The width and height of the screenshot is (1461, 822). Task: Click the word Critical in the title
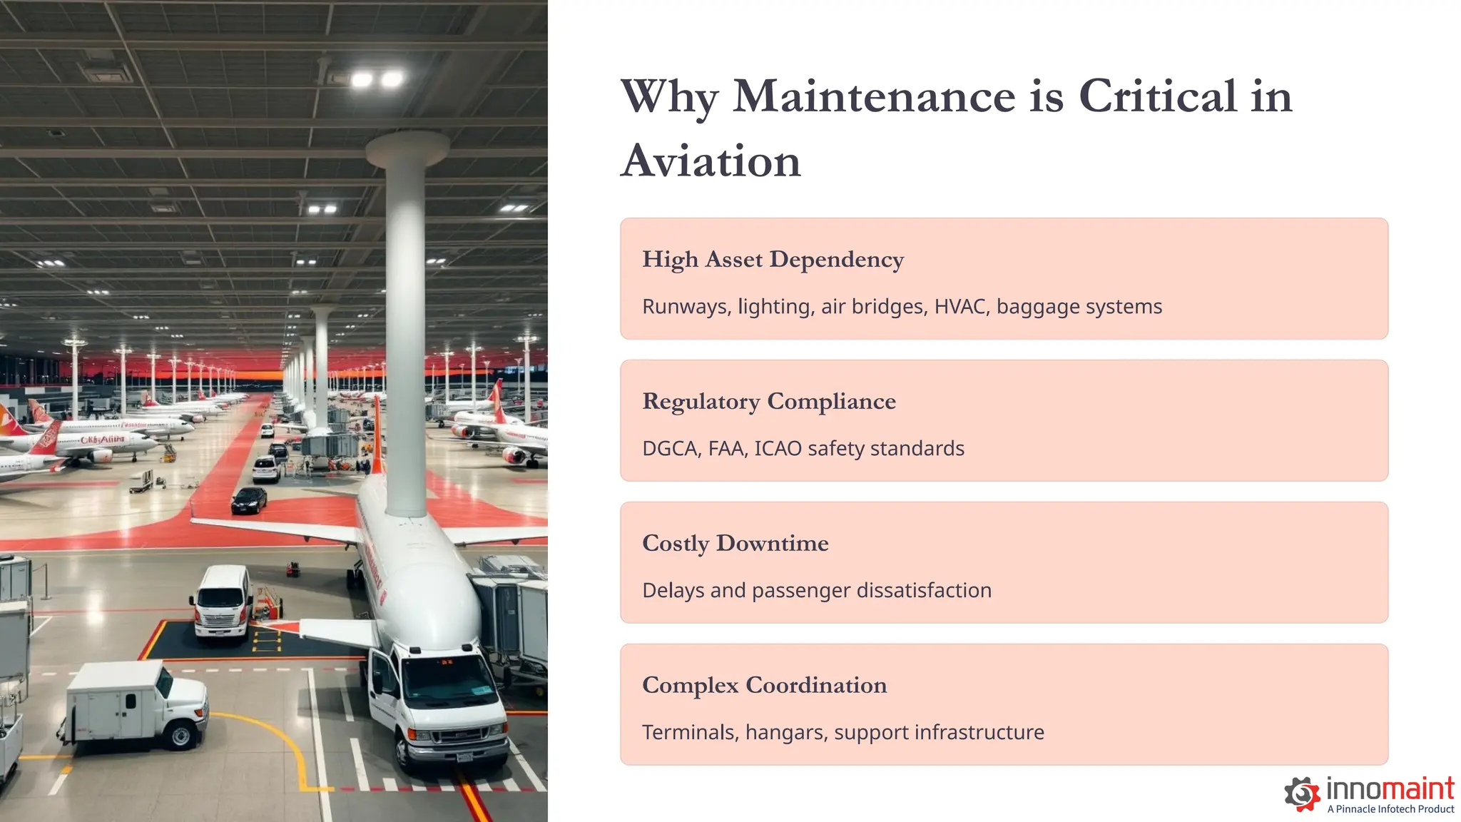point(1157,96)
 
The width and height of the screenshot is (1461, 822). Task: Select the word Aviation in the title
point(711,161)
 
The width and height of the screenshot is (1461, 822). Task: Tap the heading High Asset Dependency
point(773,259)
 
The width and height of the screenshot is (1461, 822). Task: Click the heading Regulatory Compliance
point(768,401)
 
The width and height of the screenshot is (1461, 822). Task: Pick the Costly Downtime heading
point(735,543)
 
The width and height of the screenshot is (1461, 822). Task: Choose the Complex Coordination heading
point(764,685)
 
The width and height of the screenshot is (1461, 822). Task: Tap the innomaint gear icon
point(1302,793)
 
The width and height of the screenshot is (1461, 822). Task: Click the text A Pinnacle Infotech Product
point(1390,809)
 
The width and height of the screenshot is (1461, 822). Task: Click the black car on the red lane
point(249,500)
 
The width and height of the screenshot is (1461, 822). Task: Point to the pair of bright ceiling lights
point(376,79)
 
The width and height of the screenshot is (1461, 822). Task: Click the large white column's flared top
point(407,147)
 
